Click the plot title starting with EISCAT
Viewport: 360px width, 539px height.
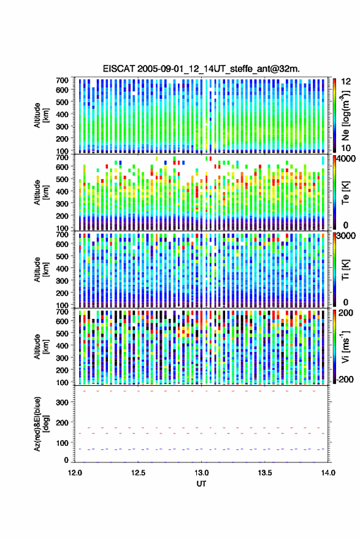click(201, 69)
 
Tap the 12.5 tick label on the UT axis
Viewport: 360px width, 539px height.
click(138, 473)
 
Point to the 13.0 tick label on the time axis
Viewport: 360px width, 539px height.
click(202, 473)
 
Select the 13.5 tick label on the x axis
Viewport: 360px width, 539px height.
click(265, 473)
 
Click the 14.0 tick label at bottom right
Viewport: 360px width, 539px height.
click(328, 473)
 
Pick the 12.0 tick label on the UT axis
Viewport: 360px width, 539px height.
click(75, 473)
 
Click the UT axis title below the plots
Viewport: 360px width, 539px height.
click(201, 484)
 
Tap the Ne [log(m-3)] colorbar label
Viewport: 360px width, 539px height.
click(345, 115)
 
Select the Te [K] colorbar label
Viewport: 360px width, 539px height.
click(345, 193)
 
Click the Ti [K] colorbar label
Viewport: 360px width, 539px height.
click(345, 270)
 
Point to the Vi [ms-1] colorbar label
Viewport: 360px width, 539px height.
click(345, 346)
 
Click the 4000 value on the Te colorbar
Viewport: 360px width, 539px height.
click(346, 159)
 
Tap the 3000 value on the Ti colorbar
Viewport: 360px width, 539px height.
click(346, 236)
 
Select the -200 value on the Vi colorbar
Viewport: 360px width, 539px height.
click(345, 380)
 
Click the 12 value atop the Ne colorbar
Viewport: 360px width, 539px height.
click(346, 82)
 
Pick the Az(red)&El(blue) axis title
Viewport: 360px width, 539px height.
click(41, 424)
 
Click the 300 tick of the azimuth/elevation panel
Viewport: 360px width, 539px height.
click(62, 402)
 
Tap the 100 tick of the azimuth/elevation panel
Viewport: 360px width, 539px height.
click(62, 443)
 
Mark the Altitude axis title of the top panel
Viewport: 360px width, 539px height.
click(41, 115)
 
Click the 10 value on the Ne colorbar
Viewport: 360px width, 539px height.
click(346, 148)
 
